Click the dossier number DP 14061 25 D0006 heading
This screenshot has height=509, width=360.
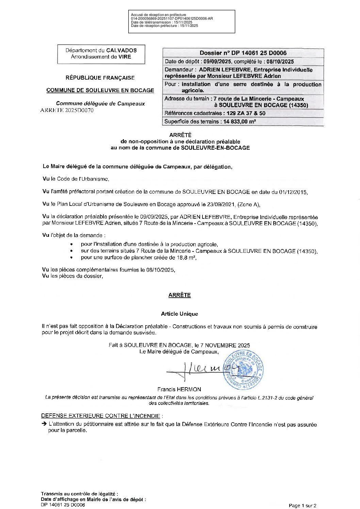[x=243, y=53]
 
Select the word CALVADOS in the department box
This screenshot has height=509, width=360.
[x=121, y=50]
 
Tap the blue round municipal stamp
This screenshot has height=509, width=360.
[x=244, y=370]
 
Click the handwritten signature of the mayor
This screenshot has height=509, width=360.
[x=201, y=370]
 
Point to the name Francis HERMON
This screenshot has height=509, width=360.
[x=179, y=389]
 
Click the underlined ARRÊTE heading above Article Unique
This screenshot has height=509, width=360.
[x=179, y=295]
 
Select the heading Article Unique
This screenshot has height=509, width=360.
[x=179, y=314]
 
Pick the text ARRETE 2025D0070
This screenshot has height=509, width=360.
[x=67, y=110]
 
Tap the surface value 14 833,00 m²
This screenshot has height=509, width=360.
[x=240, y=121]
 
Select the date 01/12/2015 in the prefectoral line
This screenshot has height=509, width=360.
[x=293, y=192]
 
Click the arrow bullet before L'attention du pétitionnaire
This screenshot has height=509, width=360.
[x=44, y=424]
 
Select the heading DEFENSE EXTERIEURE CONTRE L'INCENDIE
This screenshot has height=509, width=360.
[x=100, y=416]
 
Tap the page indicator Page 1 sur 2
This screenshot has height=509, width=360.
[x=302, y=506]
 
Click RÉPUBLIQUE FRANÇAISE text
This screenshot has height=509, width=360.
[x=100, y=78]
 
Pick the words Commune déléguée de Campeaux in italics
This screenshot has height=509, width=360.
[x=100, y=103]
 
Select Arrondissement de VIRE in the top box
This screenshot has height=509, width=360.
[x=101, y=57]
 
